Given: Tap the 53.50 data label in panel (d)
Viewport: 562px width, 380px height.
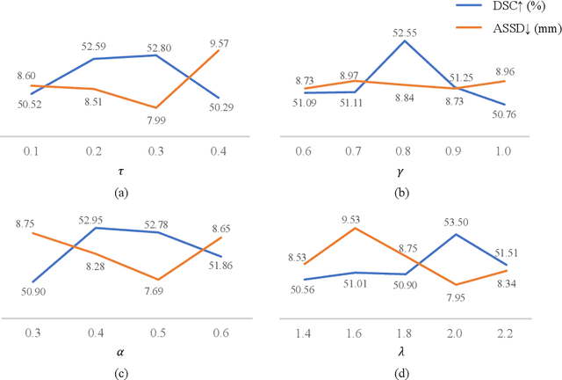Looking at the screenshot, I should click(456, 224).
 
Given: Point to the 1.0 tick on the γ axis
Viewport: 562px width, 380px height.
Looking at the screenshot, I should click(505, 153).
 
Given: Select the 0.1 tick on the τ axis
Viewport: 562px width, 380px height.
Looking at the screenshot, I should click(31, 153).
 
